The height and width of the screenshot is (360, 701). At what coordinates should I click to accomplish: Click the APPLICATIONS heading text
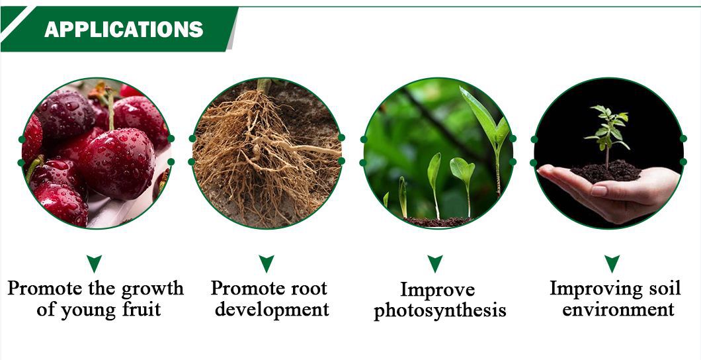(124, 30)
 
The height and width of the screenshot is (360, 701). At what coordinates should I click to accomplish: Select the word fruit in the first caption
(140, 310)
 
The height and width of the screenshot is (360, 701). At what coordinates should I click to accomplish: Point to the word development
(272, 310)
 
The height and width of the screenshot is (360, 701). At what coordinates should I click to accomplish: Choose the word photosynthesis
(440, 311)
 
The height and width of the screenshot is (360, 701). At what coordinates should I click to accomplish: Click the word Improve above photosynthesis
(437, 291)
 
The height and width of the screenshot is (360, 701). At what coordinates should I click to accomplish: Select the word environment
(618, 310)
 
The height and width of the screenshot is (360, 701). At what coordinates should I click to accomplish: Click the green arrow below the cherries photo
(94, 263)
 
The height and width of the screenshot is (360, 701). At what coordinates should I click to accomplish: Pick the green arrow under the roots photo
(267, 263)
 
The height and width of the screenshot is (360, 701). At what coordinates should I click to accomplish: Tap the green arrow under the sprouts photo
(435, 263)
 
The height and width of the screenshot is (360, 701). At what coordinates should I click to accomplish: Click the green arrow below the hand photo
(612, 263)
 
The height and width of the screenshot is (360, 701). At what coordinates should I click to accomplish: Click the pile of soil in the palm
(606, 171)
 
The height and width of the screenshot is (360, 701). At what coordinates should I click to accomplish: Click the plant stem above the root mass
(264, 85)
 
